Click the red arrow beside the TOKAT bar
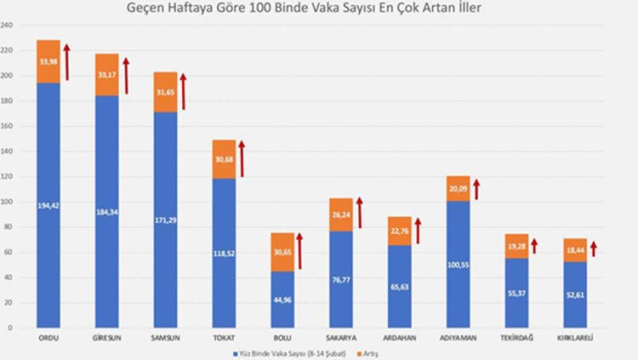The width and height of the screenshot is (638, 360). pyautogui.click(x=242, y=159)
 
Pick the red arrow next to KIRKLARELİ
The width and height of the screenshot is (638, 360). pyautogui.click(x=594, y=249)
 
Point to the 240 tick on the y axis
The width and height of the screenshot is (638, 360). pyautogui.click(x=6, y=26)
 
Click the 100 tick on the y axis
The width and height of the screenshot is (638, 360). pyautogui.click(x=6, y=202)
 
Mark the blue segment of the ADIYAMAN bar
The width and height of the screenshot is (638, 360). pyautogui.click(x=458, y=264)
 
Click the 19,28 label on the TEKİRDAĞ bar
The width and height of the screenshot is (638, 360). pyautogui.click(x=516, y=245)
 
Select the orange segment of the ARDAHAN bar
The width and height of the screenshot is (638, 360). pyautogui.click(x=399, y=231)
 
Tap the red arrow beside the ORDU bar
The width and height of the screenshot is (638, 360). pyautogui.click(x=67, y=62)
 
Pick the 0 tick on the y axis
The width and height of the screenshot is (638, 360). pyautogui.click(x=9, y=328)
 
